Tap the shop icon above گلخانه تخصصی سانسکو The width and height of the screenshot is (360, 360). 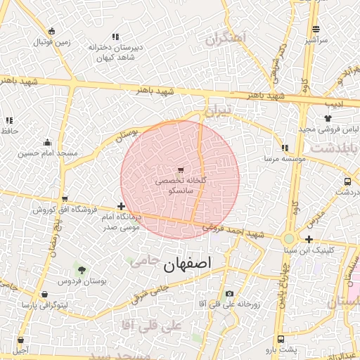[181, 170]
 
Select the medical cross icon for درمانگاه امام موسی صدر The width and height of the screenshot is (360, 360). [122, 207]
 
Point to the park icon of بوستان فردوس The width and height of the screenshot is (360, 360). [82, 269]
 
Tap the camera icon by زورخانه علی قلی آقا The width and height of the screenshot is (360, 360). [229, 293]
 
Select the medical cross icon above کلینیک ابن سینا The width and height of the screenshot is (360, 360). [309, 239]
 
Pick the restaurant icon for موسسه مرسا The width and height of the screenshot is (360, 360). [285, 148]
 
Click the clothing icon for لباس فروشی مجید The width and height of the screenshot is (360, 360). [327, 119]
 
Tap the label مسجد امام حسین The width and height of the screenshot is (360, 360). [47, 153]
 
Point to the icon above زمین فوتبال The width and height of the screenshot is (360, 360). [52, 31]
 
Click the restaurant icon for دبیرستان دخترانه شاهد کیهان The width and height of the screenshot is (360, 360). [115, 36]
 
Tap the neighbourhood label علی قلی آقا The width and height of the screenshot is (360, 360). [151, 326]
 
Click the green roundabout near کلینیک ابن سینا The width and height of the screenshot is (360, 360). [289, 239]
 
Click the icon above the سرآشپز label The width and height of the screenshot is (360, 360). [316, 30]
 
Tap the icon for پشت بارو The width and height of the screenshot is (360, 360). [281, 338]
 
